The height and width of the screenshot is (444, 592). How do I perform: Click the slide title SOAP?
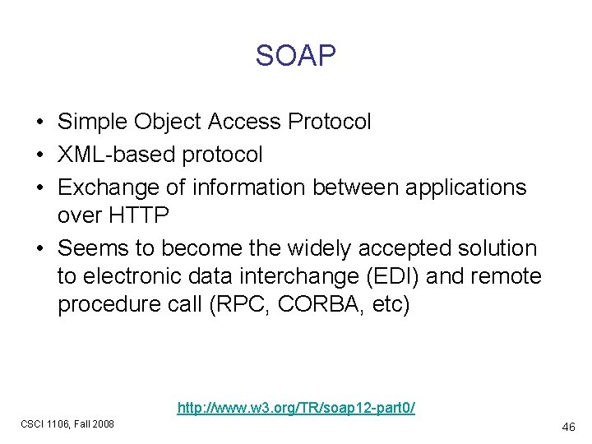[295, 56]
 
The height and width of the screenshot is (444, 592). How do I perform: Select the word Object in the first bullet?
[173, 123]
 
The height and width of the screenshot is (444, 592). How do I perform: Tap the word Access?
[245, 123]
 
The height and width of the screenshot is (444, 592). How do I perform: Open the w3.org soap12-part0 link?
[296, 407]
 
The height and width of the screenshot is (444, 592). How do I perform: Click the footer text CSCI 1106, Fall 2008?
[67, 424]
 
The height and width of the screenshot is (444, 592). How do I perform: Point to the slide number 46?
[567, 428]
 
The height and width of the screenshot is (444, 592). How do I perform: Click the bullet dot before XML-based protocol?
[39, 155]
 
